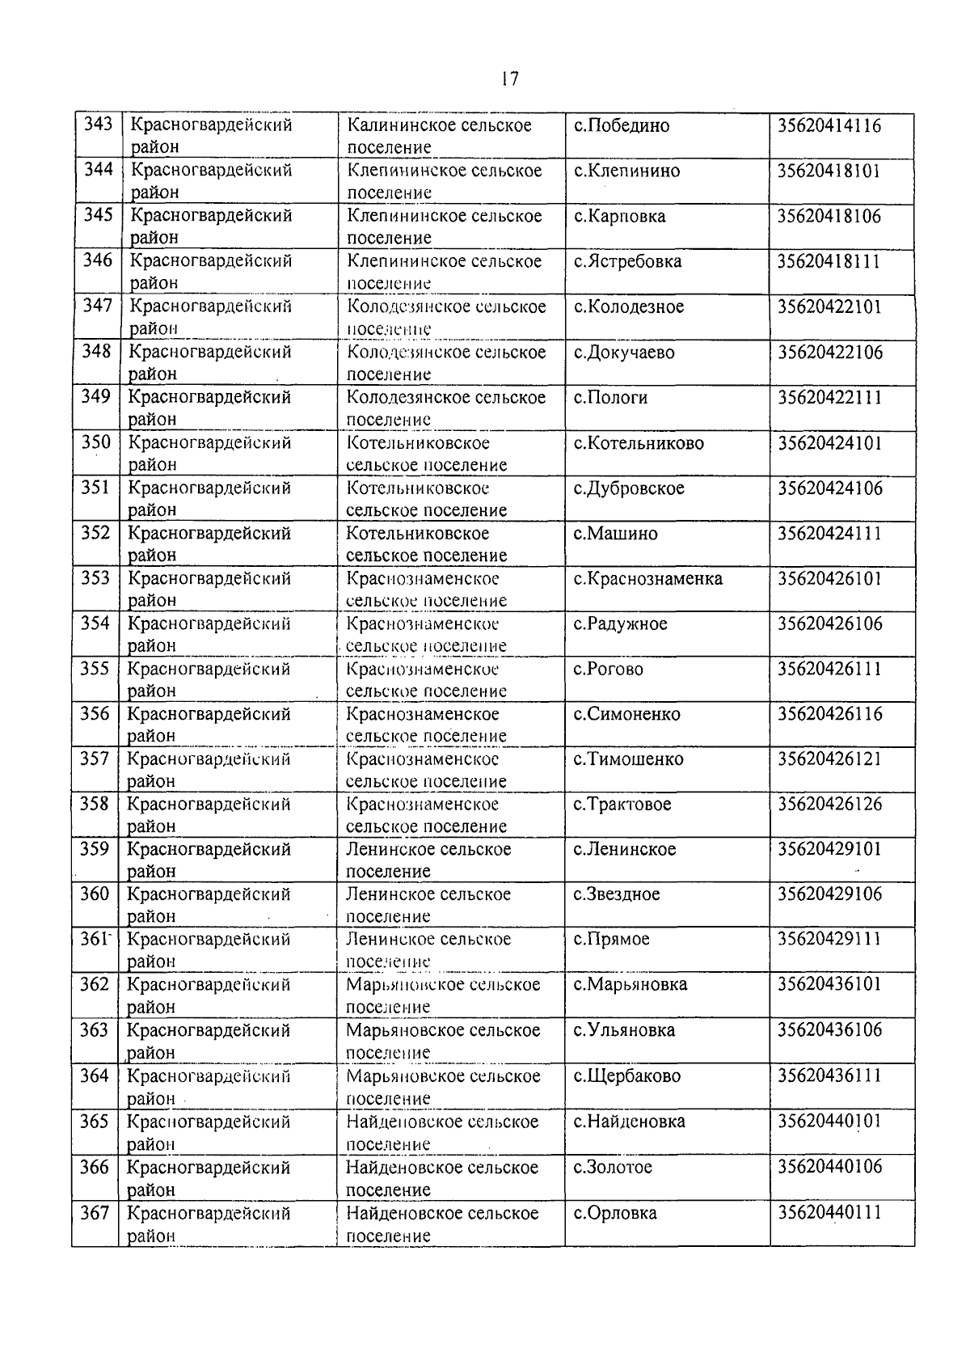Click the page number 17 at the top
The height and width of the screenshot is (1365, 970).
coord(509,78)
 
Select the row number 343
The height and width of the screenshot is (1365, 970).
coord(98,125)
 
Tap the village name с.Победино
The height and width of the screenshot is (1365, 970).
coord(622,126)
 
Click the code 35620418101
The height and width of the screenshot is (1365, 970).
coord(829,171)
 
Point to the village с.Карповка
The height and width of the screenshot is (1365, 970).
coord(619,217)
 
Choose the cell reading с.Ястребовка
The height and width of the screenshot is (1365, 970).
coord(627,262)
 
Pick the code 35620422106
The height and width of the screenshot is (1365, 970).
coord(830,353)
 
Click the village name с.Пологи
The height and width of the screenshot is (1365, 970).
coord(610,398)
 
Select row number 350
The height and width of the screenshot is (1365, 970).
coord(96,442)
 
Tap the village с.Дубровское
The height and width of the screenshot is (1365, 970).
coord(629,488)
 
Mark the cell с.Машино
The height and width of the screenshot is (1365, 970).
coord(615,534)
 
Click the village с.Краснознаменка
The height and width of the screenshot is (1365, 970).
coord(647,579)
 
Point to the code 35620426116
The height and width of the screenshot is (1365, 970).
coord(830,714)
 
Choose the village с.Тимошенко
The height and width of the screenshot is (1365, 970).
coord(628,759)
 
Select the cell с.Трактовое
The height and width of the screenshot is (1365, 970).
coord(622,805)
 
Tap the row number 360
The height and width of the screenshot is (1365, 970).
coord(95,894)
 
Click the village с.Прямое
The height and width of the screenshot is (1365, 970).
coord(611,940)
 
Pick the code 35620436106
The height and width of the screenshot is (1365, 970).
coord(830,1030)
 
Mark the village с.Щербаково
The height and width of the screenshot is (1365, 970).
coord(626,1076)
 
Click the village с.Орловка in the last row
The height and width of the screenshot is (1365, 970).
coord(614,1214)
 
